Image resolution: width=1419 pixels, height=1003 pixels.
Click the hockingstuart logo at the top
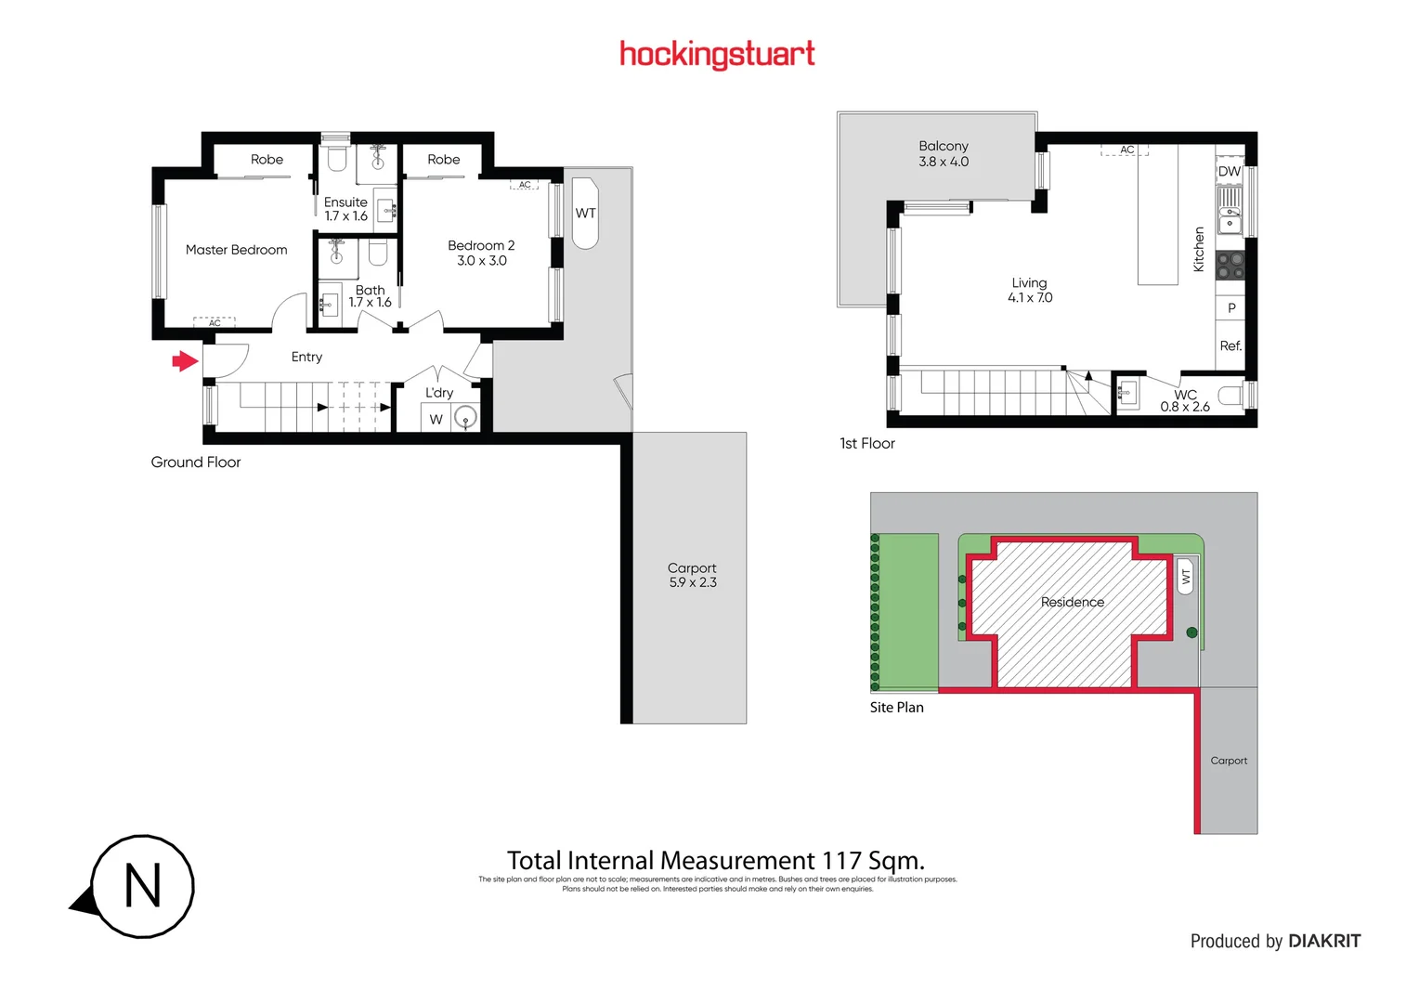[x=717, y=54]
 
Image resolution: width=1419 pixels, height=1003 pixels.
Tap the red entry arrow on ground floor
[x=186, y=360]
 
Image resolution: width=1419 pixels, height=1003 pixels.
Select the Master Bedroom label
[x=236, y=250]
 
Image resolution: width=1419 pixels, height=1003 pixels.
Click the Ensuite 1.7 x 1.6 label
[x=345, y=209]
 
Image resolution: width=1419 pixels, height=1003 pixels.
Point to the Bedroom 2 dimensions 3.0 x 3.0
[x=481, y=261]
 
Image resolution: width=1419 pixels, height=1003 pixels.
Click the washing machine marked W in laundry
[x=436, y=419]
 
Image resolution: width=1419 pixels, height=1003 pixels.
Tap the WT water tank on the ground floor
[x=585, y=214]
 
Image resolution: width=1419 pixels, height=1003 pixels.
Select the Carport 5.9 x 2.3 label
[x=692, y=575]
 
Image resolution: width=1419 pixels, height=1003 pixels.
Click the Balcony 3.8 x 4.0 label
[x=944, y=153]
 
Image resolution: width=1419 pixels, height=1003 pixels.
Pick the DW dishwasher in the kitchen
[x=1229, y=172]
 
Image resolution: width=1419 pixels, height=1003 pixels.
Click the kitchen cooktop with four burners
[x=1229, y=266]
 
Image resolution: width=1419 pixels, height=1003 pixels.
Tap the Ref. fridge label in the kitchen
[x=1230, y=345]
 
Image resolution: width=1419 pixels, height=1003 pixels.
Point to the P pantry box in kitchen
[x=1231, y=308]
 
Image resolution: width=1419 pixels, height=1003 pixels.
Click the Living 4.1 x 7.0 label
[x=1030, y=290]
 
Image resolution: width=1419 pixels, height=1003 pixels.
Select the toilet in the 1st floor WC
[x=1230, y=397]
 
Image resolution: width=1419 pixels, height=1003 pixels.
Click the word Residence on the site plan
[x=1073, y=602]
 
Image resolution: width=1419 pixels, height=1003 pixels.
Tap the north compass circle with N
[x=142, y=886]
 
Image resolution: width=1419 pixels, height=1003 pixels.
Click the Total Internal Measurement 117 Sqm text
[x=715, y=861]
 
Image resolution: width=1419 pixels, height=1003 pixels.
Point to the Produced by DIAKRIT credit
[x=1275, y=941]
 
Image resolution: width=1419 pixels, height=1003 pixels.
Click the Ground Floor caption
[x=196, y=462]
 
